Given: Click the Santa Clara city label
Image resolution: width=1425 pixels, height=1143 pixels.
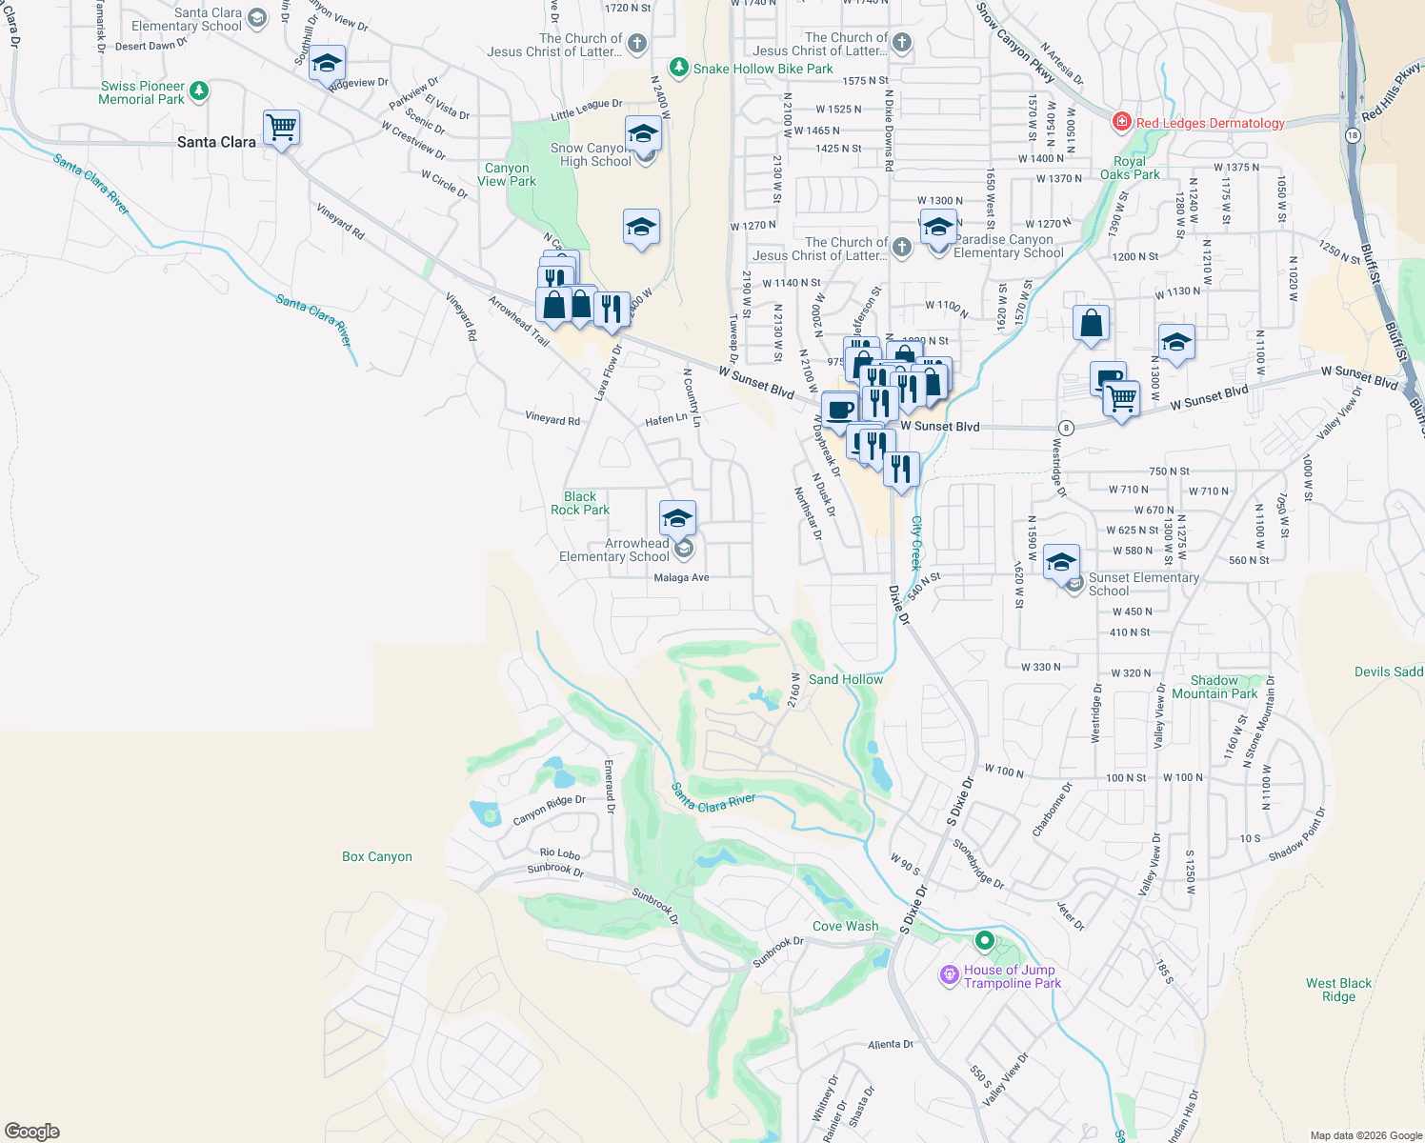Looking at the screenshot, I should click(x=216, y=142).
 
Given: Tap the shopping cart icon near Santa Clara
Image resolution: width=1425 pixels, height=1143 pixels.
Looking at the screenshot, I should click(x=282, y=127).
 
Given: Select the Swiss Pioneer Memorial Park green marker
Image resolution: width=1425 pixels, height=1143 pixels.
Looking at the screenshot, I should click(x=198, y=91).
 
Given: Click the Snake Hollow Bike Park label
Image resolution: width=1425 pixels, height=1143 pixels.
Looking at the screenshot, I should click(x=762, y=69).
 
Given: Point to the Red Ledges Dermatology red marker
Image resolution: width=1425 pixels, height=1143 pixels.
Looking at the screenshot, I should click(x=1122, y=122).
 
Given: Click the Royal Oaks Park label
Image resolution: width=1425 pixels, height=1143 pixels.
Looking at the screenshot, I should click(x=1130, y=168).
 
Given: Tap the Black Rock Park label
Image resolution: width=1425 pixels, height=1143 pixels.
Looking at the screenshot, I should click(x=580, y=503).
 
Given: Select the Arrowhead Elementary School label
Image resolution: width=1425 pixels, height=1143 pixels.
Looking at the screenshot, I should click(x=614, y=550).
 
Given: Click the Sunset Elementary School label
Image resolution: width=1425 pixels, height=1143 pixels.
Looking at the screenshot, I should click(x=1143, y=584).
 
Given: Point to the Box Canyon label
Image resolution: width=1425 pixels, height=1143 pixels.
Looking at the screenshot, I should click(x=377, y=856).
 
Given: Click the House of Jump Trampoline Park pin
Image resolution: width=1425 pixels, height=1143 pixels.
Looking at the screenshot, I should click(x=949, y=974).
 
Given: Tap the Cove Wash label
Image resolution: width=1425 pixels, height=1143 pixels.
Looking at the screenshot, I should click(x=846, y=926).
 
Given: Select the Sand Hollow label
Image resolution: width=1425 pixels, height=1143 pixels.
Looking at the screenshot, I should click(x=846, y=679).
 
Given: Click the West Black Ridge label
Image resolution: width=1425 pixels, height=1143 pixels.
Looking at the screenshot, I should click(x=1338, y=990).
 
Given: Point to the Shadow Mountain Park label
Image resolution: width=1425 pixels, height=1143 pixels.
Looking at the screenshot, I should click(x=1214, y=687).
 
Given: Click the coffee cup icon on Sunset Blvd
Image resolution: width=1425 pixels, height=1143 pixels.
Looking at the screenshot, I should click(x=839, y=411).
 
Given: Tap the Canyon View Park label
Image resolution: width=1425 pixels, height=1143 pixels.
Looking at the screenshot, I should click(x=507, y=174).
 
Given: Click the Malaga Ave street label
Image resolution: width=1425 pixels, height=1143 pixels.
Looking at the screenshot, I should click(x=681, y=577).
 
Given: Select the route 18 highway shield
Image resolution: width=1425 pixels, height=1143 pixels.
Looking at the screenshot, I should click(x=1352, y=135).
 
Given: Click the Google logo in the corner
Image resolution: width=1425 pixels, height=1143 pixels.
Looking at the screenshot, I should click(x=32, y=1131).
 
